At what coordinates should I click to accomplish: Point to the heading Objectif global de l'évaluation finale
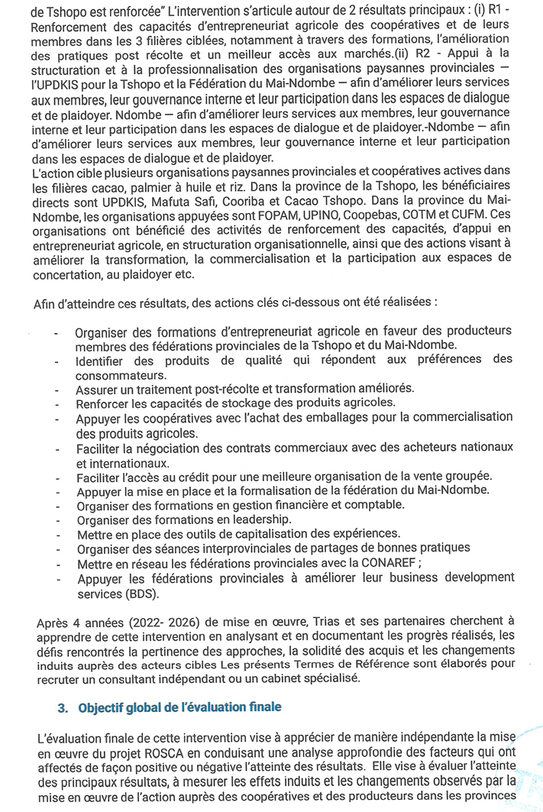(x=179, y=707)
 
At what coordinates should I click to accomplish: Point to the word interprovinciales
(x=244, y=548)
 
